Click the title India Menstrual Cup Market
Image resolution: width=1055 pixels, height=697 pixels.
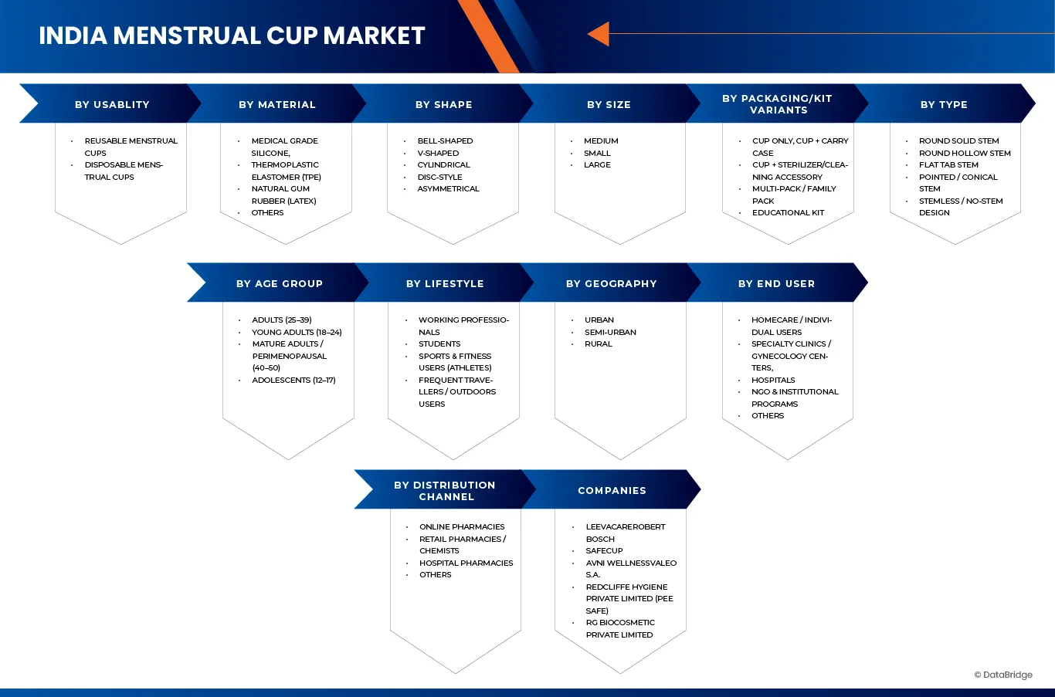pos(232,36)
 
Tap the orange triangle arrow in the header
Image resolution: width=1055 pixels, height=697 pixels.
pos(599,34)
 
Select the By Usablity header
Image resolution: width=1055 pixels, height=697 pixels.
pos(112,104)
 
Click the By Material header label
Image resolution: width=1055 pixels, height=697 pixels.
pos(277,104)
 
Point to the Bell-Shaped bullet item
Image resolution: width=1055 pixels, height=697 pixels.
pos(445,141)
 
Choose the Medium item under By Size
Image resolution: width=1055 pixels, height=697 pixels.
pos(601,141)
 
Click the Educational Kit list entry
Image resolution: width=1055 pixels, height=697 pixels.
pos(788,213)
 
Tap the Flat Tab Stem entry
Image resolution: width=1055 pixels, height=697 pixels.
pos(948,165)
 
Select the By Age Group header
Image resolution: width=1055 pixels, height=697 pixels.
pos(280,283)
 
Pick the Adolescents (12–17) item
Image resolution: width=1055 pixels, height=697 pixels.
pos(293,381)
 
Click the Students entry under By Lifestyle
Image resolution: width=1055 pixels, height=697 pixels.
pos(439,344)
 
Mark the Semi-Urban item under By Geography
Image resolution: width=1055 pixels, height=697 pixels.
pos(610,333)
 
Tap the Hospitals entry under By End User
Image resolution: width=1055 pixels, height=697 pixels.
pos(773,381)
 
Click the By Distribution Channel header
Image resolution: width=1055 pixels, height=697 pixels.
pos(445,490)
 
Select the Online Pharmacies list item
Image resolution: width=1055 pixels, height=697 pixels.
pos(462,527)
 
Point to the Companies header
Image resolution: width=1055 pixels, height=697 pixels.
pos(612,490)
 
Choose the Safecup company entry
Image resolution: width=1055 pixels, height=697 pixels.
pos(604,551)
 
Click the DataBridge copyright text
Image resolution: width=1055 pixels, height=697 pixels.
pos(1003,675)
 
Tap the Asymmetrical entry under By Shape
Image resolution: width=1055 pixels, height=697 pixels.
pos(448,189)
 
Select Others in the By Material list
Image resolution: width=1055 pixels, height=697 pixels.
pos(267,213)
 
